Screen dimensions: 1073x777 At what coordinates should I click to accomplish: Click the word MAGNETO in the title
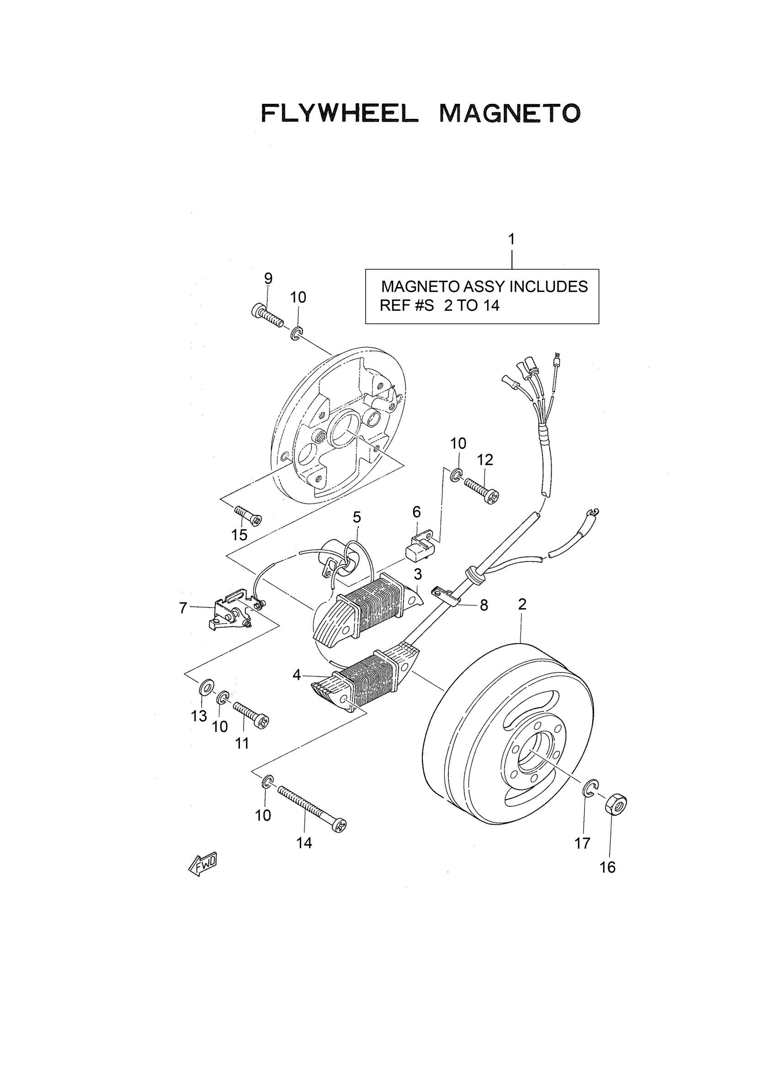(x=509, y=113)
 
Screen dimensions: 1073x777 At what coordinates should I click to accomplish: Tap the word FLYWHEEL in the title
(x=340, y=113)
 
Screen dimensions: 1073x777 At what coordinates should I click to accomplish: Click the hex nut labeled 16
(x=615, y=804)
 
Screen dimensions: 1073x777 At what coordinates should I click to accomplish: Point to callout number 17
(x=582, y=843)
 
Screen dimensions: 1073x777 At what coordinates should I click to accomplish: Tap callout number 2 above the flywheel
(x=522, y=603)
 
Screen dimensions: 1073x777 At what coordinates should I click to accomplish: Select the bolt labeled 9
(x=267, y=314)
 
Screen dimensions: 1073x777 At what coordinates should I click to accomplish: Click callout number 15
(x=239, y=534)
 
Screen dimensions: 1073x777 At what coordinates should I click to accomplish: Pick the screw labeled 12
(x=482, y=491)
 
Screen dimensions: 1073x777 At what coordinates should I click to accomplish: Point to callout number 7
(x=183, y=608)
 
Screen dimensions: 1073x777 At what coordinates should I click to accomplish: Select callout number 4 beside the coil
(x=297, y=675)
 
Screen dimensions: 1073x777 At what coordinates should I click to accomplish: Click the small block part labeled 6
(x=420, y=547)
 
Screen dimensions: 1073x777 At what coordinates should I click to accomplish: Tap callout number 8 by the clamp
(x=484, y=605)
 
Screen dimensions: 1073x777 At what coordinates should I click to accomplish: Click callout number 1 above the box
(x=511, y=240)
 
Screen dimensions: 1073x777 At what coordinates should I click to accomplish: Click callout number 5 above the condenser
(x=357, y=517)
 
